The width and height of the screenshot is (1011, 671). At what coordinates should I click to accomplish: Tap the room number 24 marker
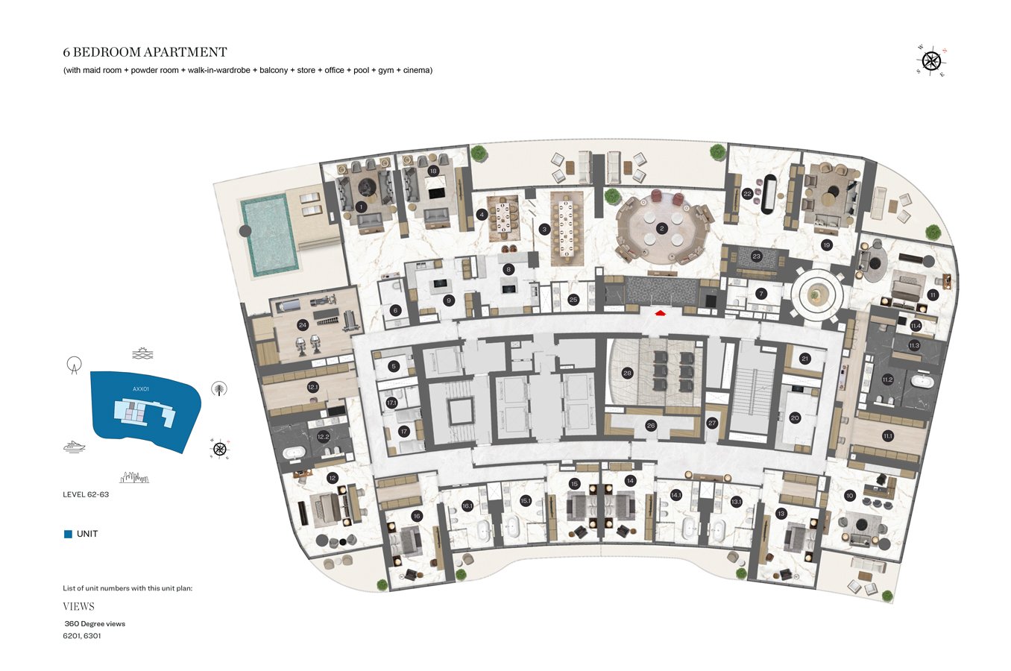303,325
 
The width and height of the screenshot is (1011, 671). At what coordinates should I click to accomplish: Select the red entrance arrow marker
660,313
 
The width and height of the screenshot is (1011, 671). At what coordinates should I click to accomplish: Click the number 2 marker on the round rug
661,229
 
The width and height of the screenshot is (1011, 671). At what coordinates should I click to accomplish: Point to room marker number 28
627,373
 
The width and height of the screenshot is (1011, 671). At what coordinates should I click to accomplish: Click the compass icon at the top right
931,60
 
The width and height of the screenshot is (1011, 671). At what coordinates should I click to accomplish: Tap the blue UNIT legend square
68,534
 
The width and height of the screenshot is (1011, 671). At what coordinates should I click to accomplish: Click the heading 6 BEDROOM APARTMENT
145,52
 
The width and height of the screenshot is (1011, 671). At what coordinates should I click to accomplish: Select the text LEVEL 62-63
86,494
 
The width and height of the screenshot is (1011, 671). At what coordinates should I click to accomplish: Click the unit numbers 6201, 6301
82,636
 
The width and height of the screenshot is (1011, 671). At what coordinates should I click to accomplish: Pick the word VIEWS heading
78,606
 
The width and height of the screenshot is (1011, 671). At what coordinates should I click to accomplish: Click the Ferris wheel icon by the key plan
73,365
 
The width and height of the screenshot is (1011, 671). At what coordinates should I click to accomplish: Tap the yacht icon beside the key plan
75,447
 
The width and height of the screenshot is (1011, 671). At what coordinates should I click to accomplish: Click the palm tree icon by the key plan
219,388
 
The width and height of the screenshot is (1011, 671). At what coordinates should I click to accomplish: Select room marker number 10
849,496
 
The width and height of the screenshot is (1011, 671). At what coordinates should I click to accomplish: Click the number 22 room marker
747,194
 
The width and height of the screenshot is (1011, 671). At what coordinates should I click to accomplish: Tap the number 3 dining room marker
544,229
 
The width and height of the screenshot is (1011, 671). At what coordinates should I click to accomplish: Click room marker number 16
416,516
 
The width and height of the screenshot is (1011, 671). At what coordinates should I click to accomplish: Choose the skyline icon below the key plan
135,476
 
